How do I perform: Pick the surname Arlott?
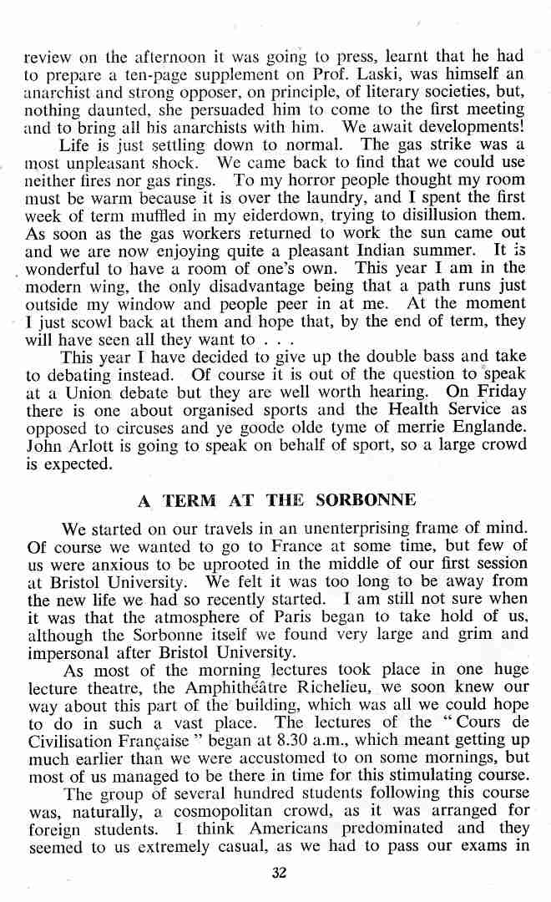pos(94,447)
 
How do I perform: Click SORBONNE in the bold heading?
pos(366,502)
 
